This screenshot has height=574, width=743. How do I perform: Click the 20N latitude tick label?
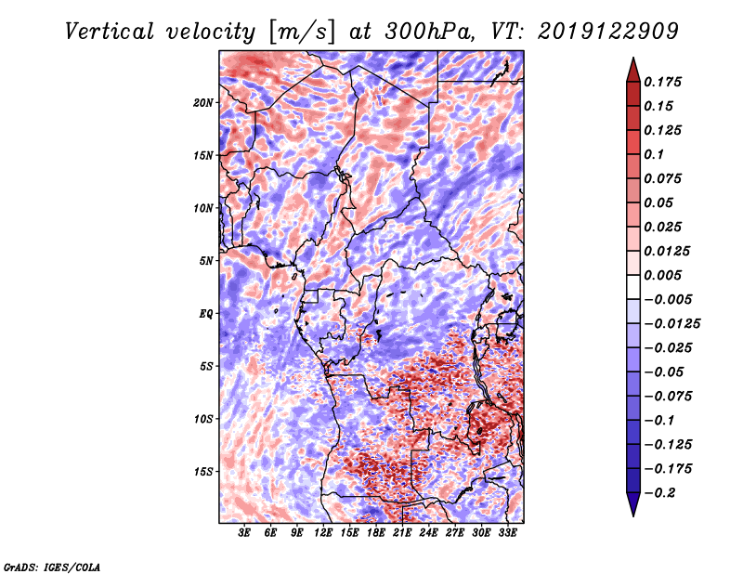(x=203, y=103)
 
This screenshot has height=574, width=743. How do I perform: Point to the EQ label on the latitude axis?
(x=206, y=314)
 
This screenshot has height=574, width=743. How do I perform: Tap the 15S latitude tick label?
(x=203, y=472)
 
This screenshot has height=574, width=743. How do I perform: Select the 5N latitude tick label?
(x=206, y=261)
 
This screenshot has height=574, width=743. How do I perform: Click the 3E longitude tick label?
(x=244, y=532)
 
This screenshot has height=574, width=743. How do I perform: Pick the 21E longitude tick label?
(x=402, y=532)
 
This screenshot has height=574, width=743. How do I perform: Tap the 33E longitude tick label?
(x=507, y=532)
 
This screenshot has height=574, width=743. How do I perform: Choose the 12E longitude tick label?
(x=322, y=532)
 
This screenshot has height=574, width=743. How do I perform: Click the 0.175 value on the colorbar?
(x=662, y=82)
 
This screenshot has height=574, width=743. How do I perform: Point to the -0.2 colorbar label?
(x=659, y=493)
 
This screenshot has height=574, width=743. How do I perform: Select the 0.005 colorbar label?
(x=662, y=275)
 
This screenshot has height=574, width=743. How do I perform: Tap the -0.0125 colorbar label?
(x=671, y=324)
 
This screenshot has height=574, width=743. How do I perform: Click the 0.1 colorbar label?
(x=654, y=154)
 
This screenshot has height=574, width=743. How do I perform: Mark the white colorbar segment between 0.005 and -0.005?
(x=633, y=287)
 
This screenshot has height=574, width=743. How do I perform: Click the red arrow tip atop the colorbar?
(x=633, y=59)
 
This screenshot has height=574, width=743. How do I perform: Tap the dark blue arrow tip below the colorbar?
(x=633, y=515)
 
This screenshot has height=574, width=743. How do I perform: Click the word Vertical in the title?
(x=110, y=32)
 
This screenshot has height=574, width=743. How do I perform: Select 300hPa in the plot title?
(x=429, y=32)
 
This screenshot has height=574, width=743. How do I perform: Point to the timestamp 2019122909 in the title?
(x=608, y=32)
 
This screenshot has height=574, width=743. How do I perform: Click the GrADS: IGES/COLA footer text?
(x=52, y=567)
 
